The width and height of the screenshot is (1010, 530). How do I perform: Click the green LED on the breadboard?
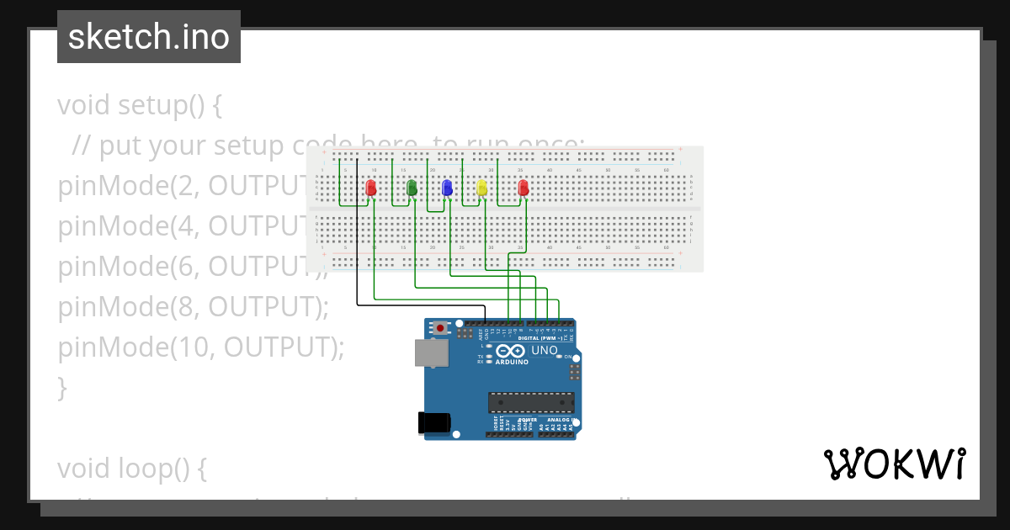(x=412, y=187)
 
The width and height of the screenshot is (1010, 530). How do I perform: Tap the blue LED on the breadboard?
(x=447, y=187)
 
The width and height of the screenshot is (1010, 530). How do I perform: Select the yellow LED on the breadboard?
(x=482, y=187)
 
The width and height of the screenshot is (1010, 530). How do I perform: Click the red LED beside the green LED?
(x=371, y=187)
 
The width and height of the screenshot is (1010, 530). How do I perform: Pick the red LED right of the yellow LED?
(x=523, y=187)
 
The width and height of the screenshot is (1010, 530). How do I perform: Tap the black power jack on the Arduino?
(x=433, y=422)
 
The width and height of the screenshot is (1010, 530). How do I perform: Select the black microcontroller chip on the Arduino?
(x=531, y=403)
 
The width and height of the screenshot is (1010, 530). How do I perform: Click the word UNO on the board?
(x=544, y=350)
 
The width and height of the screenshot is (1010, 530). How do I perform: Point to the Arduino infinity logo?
(x=510, y=351)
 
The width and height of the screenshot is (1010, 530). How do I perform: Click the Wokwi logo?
(x=894, y=464)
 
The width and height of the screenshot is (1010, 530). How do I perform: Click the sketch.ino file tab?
(x=149, y=37)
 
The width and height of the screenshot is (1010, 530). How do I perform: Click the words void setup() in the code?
(x=139, y=106)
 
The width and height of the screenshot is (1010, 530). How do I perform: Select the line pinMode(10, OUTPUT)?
(x=200, y=347)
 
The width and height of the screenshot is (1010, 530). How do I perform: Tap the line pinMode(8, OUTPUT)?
(x=193, y=307)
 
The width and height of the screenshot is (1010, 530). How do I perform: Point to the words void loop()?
(x=131, y=469)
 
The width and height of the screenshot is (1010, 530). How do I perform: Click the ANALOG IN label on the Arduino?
(x=560, y=419)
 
